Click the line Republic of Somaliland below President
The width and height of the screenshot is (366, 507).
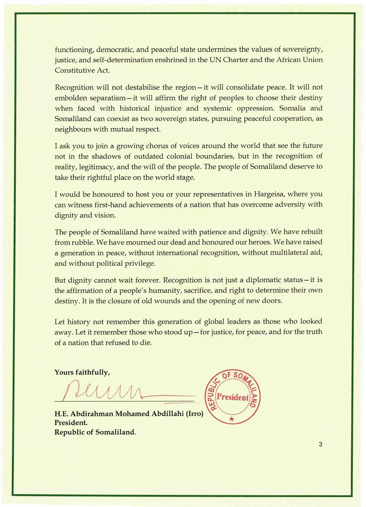tap(95, 432)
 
